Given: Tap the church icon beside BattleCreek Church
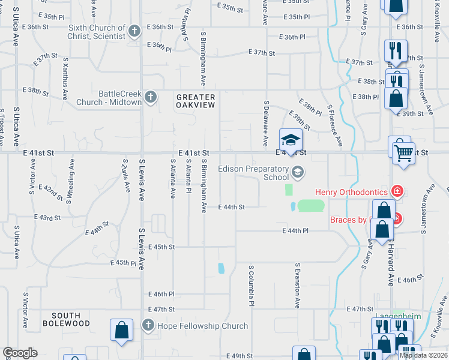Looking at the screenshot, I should [150, 97].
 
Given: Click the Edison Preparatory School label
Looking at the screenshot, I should [253, 173].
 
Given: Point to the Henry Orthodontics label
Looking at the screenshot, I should [352, 192].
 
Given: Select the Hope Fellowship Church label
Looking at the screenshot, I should [202, 326].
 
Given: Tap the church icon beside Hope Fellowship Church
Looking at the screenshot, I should [148, 326].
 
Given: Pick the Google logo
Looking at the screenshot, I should [20, 353].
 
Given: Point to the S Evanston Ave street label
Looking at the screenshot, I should [297, 285].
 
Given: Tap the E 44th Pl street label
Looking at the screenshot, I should [295, 230].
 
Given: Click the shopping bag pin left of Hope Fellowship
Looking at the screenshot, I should [121, 330].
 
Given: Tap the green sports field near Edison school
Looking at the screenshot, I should [310, 206].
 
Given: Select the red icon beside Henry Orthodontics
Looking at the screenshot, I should [397, 191].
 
